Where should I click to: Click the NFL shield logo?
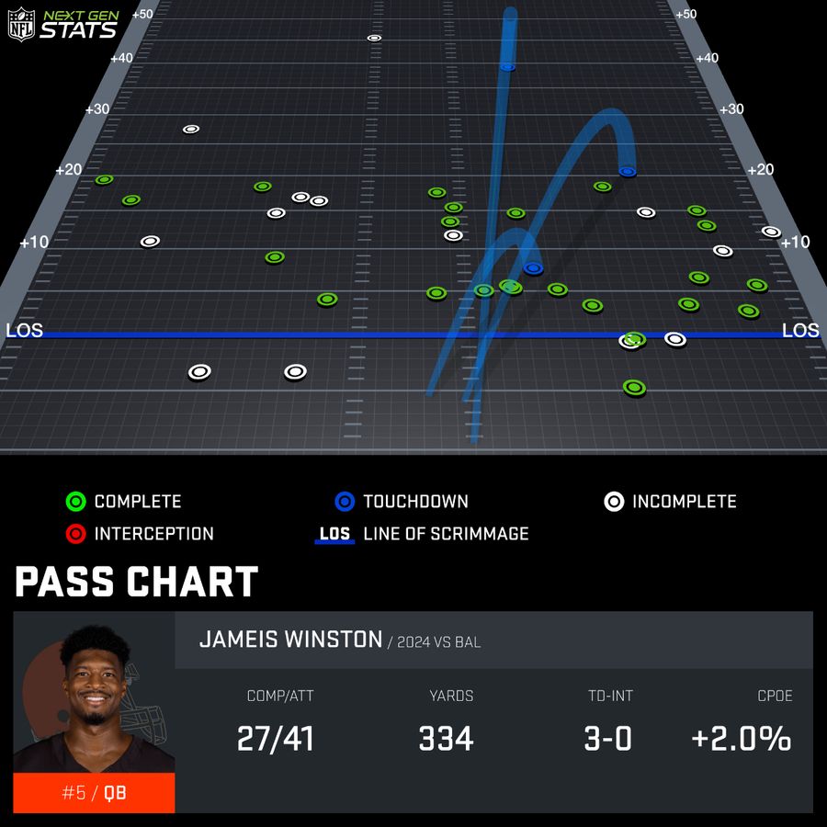[21, 25]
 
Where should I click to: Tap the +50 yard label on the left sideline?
[142, 14]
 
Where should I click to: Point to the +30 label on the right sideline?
[731, 108]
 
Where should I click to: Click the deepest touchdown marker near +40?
[507, 66]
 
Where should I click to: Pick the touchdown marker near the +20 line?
[628, 171]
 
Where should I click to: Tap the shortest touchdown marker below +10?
[533, 268]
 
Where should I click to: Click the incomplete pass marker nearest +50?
[374, 38]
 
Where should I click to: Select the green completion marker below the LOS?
[633, 388]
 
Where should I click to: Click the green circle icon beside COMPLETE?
[76, 502]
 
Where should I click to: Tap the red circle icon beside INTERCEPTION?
[76, 534]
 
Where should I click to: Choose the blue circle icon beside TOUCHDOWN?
[345, 502]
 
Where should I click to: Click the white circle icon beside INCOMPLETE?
[614, 502]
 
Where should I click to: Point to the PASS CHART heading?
[136, 582]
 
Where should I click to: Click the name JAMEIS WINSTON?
[290, 640]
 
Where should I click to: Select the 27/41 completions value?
[276, 739]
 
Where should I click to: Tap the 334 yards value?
[446, 739]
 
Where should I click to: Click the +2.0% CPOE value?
[742, 739]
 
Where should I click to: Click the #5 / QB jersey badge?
[93, 792]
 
